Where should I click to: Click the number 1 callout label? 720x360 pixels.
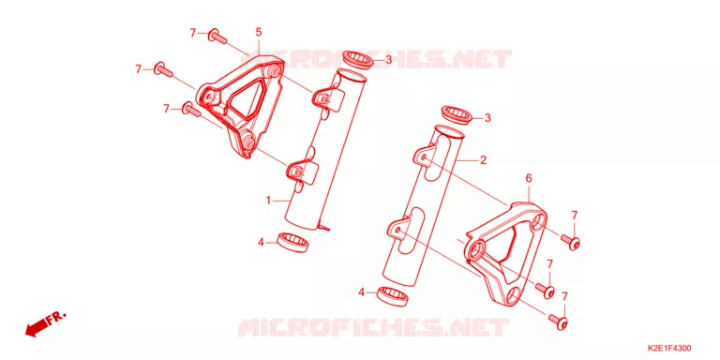[269, 201]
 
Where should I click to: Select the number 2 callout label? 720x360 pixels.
[483, 159]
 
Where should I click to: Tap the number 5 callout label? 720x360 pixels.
[259, 32]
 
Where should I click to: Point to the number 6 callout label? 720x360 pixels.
[529, 179]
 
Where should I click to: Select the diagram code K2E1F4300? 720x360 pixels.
[670, 348]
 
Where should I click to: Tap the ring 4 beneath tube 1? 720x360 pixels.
[292, 242]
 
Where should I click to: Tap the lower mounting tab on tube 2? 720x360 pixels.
[397, 229]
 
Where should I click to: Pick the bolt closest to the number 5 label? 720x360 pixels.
[218, 37]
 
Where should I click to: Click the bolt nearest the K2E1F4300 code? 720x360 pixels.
[558, 320]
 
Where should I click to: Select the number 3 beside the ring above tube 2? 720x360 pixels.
[487, 118]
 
